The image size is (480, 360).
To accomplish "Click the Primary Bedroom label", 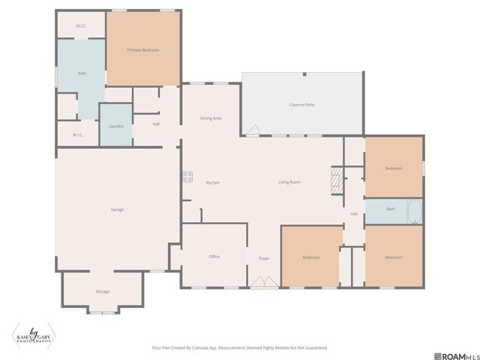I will pyautogui.click(x=142, y=49).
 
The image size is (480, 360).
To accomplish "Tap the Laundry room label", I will pyautogui.click(x=116, y=126).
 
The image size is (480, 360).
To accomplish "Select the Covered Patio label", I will pyautogui.click(x=301, y=104).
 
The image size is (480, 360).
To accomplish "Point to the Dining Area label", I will pyautogui.click(x=211, y=118).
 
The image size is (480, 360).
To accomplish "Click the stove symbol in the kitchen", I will pyautogui.click(x=187, y=178).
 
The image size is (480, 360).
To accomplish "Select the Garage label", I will pyautogui.click(x=116, y=209).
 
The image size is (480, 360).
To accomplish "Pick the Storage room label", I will pyautogui.click(x=102, y=291).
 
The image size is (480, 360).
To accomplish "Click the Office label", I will pyautogui.click(x=214, y=256).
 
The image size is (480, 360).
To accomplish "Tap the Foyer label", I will pyautogui.click(x=264, y=258).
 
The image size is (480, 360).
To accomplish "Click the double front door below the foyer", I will pyautogui.click(x=262, y=283).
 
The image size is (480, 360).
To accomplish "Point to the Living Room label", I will pyautogui.click(x=289, y=182).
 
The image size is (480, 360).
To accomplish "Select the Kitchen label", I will pyautogui.click(x=213, y=182).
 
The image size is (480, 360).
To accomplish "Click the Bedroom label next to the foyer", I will pyautogui.click(x=311, y=257).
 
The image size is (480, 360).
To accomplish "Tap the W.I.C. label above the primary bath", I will pyautogui.click(x=81, y=26).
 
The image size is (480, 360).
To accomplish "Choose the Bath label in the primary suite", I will pyautogui.click(x=82, y=73).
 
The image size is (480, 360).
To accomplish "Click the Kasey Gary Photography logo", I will pyautogui.click(x=33, y=335).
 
